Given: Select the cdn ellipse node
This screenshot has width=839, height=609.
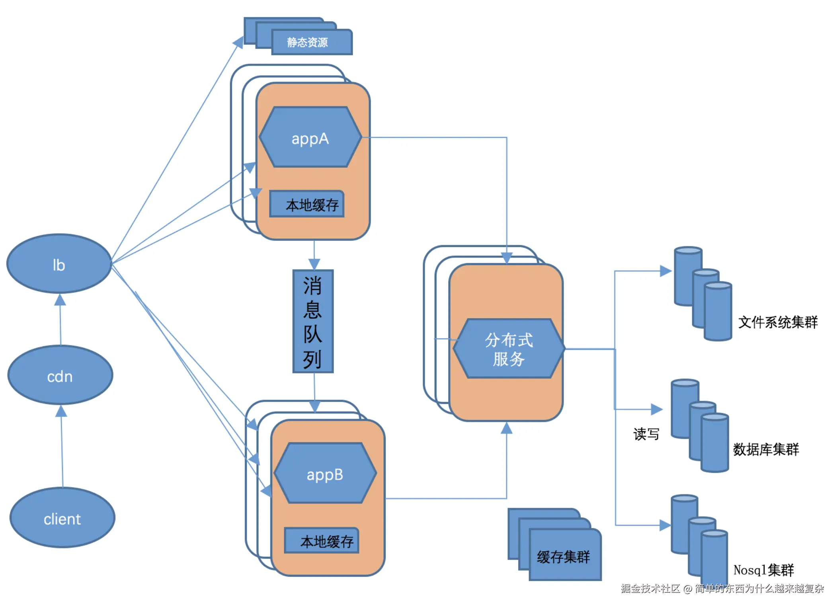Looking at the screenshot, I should click(60, 376).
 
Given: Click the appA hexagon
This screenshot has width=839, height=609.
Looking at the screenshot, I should click(310, 138).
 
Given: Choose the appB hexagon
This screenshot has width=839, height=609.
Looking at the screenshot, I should click(325, 474).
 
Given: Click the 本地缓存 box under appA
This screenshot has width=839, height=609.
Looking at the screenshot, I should click(307, 204).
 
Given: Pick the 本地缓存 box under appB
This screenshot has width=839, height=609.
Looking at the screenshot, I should click(322, 541).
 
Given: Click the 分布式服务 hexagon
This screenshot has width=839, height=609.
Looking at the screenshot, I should click(509, 349).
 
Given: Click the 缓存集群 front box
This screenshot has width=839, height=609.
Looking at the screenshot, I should click(564, 556).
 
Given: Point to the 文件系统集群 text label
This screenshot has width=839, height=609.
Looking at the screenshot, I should click(778, 322).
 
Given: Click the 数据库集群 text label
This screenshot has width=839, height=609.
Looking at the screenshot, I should click(766, 449).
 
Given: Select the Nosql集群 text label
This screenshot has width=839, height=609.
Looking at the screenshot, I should click(763, 570).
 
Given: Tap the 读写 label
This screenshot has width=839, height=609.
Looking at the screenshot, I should click(646, 434).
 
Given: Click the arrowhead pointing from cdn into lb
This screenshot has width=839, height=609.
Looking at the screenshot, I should click(60, 300).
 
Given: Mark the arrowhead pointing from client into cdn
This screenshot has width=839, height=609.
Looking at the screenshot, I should click(61, 411).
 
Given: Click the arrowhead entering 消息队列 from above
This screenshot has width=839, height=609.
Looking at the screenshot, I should click(314, 264).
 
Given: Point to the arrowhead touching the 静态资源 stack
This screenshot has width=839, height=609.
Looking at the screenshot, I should click(238, 42).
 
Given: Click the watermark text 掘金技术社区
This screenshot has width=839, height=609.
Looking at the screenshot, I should click(650, 589).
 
